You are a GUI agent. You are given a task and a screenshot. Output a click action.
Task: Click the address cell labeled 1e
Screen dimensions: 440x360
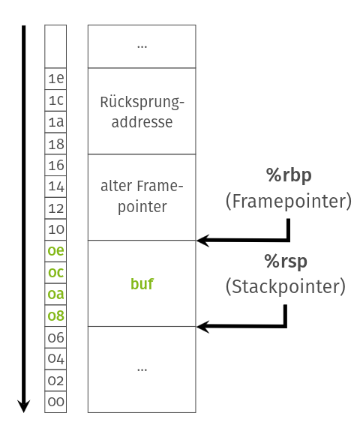55,79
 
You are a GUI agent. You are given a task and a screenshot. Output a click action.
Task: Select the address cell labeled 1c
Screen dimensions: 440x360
55,100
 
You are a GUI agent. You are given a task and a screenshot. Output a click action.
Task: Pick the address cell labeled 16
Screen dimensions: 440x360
55,165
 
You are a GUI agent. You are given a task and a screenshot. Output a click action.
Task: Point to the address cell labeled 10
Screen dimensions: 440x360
55,229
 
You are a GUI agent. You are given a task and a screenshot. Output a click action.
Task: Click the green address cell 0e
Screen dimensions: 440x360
55,251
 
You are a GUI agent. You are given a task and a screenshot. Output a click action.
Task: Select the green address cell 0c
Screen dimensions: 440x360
55,273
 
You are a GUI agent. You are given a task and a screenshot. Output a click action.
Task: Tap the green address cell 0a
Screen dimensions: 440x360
55,295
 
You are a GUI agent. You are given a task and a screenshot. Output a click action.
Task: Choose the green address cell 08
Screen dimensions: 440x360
55,316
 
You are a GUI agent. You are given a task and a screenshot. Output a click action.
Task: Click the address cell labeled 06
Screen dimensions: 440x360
55,337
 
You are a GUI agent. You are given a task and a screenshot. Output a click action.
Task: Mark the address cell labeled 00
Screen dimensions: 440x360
55,402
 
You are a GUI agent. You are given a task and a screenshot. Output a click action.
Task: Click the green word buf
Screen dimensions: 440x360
142,284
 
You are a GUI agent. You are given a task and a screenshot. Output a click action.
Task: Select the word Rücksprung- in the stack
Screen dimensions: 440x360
142,101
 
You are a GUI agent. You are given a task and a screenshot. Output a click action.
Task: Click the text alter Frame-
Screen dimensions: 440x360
142,187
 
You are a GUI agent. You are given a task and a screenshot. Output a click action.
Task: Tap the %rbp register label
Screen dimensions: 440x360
289,175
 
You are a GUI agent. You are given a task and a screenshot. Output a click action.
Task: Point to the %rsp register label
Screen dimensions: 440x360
286,262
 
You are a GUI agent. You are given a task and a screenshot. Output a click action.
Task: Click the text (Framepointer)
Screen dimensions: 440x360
289,201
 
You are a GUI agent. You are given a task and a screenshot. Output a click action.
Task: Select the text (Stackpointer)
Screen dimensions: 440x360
286,286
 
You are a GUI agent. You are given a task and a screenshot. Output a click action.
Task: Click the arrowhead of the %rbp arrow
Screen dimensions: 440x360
201,241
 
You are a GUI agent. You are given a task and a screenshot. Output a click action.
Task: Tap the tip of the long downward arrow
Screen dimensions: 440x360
24,409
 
